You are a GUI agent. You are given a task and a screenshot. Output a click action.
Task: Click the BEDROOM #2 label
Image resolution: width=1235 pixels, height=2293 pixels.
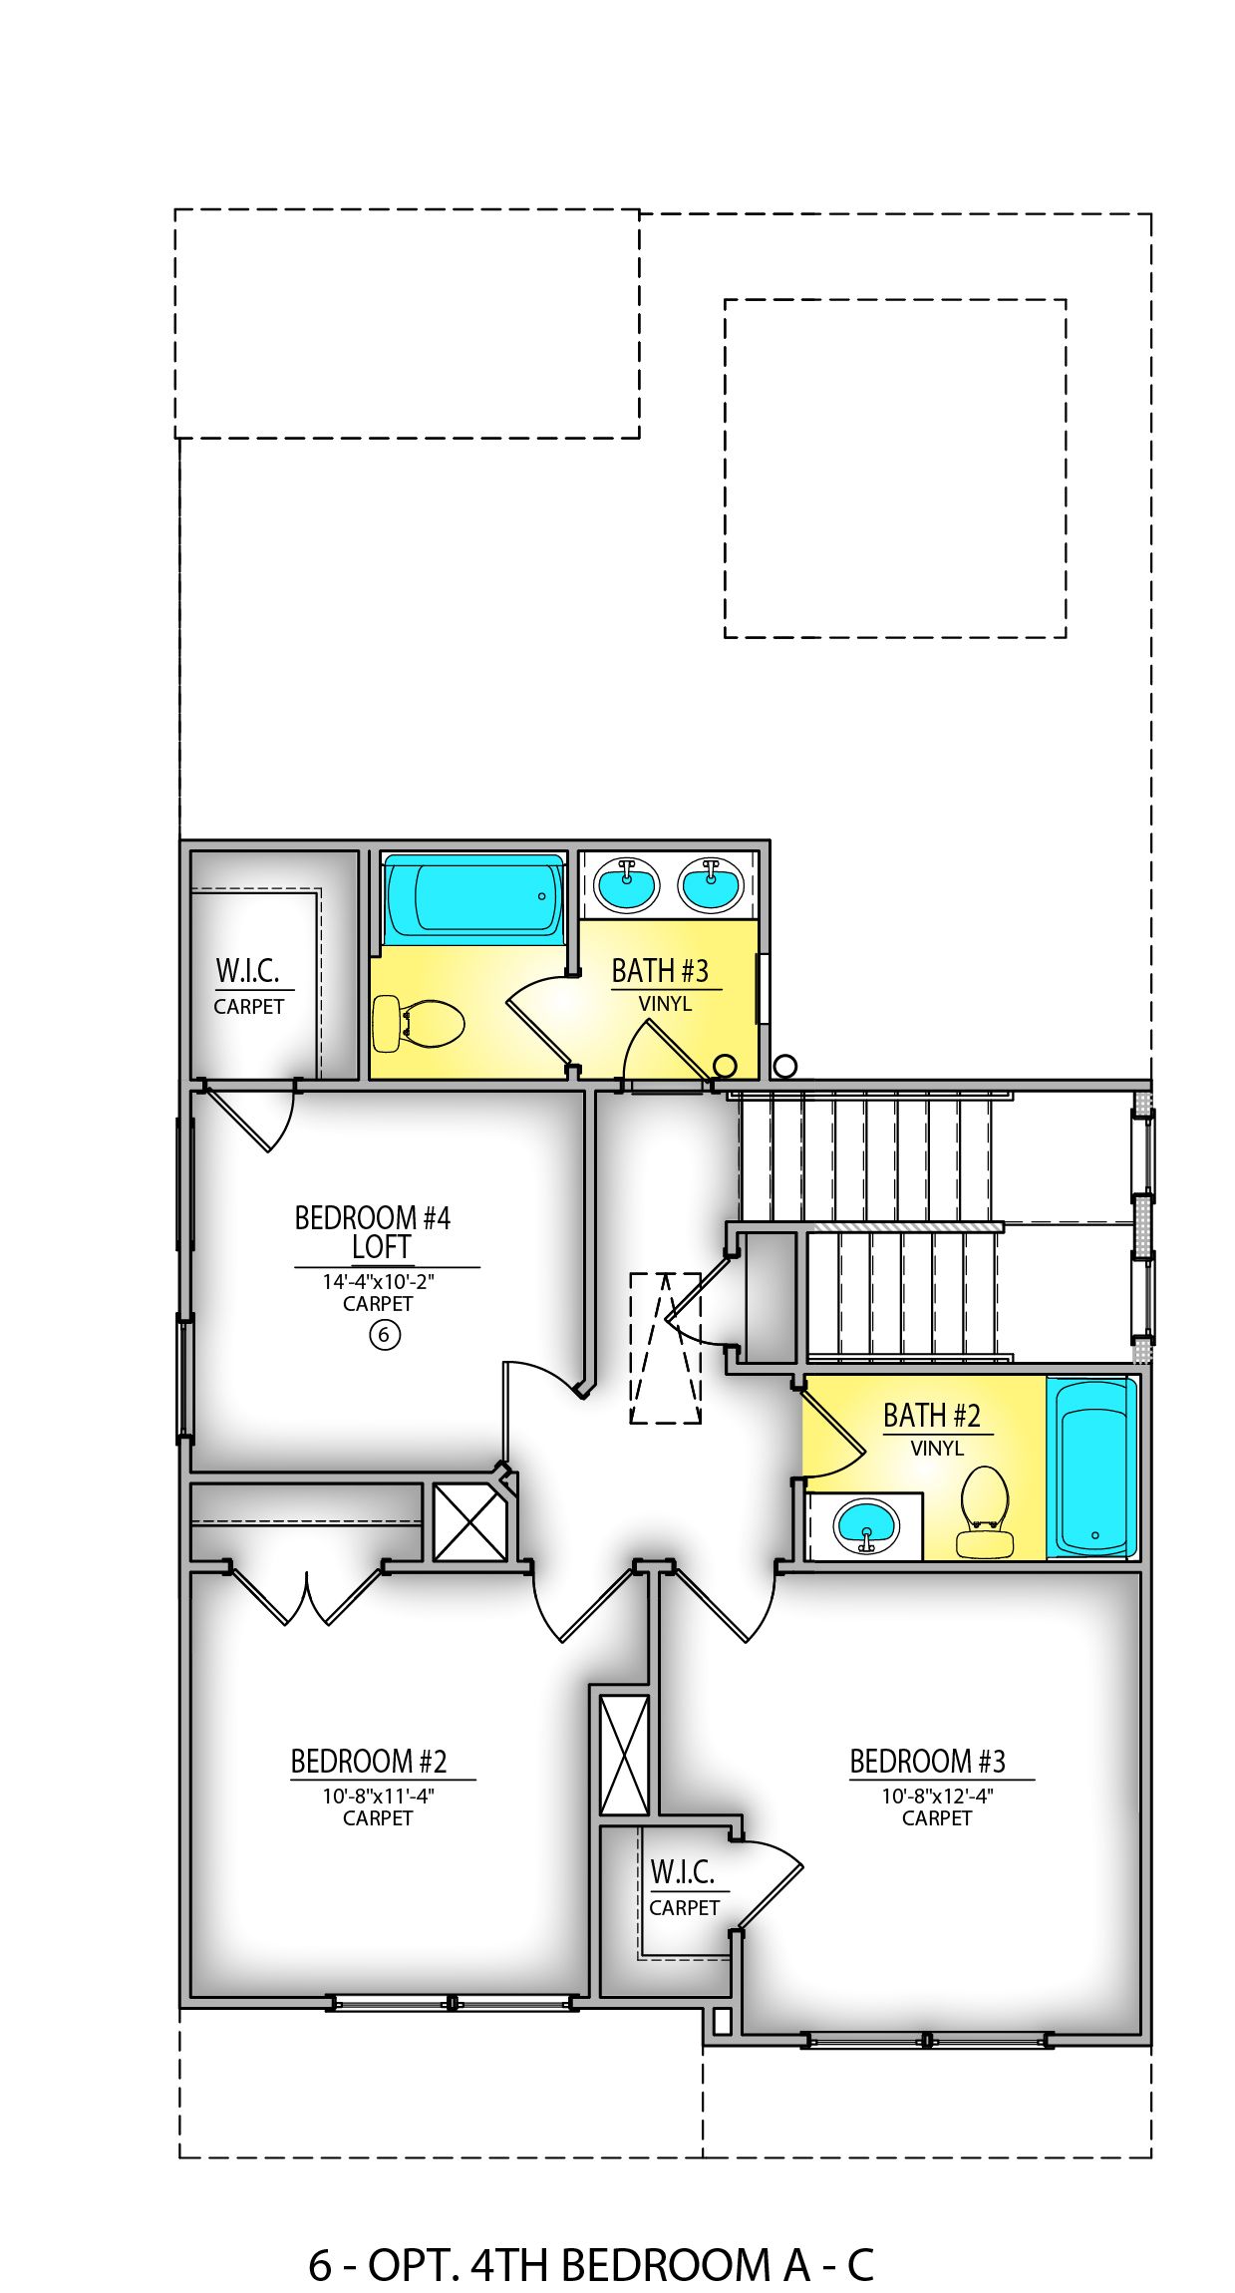[368, 1762]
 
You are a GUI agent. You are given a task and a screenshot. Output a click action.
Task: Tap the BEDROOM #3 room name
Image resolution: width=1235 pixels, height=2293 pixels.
[927, 1762]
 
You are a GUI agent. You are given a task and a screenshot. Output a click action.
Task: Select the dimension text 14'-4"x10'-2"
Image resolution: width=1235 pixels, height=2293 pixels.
[378, 1282]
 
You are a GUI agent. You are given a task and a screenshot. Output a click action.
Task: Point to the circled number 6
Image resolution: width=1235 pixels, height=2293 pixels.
[385, 1334]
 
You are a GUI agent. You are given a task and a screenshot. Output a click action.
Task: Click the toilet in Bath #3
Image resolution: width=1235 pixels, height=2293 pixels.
[419, 1024]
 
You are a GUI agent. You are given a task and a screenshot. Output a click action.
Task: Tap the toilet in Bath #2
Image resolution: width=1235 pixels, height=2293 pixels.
[985, 1511]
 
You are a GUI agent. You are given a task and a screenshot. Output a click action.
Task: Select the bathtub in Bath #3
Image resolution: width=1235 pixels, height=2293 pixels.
[473, 897]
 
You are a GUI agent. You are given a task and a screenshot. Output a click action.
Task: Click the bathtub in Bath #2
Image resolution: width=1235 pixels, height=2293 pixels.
[1092, 1468]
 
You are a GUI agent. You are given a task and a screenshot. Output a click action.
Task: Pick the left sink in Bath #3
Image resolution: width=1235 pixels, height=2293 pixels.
[626, 884]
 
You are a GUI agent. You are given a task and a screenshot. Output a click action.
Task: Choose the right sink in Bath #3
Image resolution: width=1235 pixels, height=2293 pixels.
[711, 884]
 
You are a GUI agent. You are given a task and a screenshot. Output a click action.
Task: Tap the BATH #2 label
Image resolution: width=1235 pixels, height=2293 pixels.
[931, 1416]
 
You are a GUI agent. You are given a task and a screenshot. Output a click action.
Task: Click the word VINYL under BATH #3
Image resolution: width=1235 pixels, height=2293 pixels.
[665, 1004]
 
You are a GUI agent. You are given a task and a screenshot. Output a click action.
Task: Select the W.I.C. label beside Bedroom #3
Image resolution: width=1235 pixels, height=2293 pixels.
[683, 1872]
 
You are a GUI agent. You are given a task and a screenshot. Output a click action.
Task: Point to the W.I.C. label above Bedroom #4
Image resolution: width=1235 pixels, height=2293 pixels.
[247, 970]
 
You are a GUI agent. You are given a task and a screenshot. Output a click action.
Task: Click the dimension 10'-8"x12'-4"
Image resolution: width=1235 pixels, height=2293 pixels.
[937, 1797]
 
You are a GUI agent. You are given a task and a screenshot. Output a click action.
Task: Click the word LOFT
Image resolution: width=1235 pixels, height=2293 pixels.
[381, 1247]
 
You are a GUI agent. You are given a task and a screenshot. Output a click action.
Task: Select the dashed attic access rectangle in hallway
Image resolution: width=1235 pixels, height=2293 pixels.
[665, 1348]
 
